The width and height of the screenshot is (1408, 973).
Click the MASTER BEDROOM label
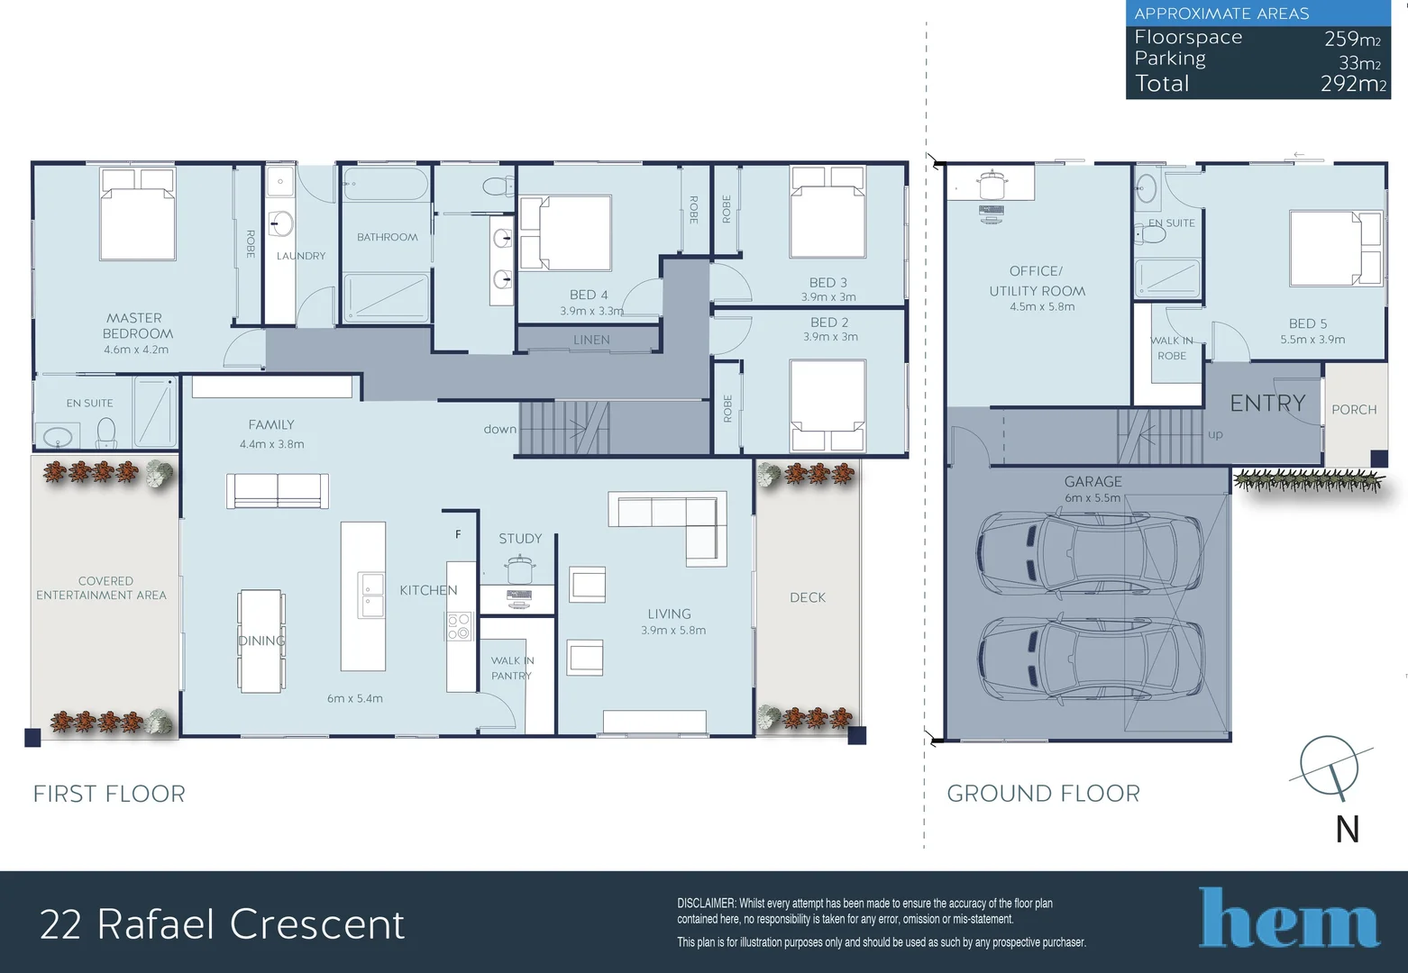pyautogui.click(x=138, y=326)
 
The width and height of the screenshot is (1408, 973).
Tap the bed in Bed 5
pyautogui.click(x=1335, y=248)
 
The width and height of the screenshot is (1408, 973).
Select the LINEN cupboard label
pyautogui.click(x=591, y=340)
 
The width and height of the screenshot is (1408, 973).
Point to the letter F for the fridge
pyautogui.click(x=458, y=534)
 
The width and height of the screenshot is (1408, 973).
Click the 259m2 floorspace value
pyautogui.click(x=1352, y=39)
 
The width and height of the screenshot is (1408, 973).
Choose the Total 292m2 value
pyautogui.click(x=1353, y=84)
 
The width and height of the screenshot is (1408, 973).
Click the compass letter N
pyautogui.click(x=1347, y=829)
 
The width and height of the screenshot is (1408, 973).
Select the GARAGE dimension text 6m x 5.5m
pyautogui.click(x=1093, y=498)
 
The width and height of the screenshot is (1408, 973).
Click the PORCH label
pyautogui.click(x=1354, y=410)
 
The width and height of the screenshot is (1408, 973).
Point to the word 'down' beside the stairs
pyautogui.click(x=499, y=429)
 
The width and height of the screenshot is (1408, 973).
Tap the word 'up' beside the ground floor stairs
pyautogui.click(x=1215, y=434)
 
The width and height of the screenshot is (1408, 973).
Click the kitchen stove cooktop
pyautogui.click(x=460, y=625)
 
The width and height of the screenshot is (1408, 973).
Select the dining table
pyautogui.click(x=261, y=641)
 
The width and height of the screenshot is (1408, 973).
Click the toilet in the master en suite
pyautogui.click(x=106, y=432)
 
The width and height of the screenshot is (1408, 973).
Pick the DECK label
pyautogui.click(x=808, y=597)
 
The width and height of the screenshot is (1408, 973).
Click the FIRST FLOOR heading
pyautogui.click(x=109, y=794)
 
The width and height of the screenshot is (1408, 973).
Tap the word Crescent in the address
pyautogui.click(x=316, y=924)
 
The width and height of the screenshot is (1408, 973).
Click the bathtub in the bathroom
pyautogui.click(x=385, y=184)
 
